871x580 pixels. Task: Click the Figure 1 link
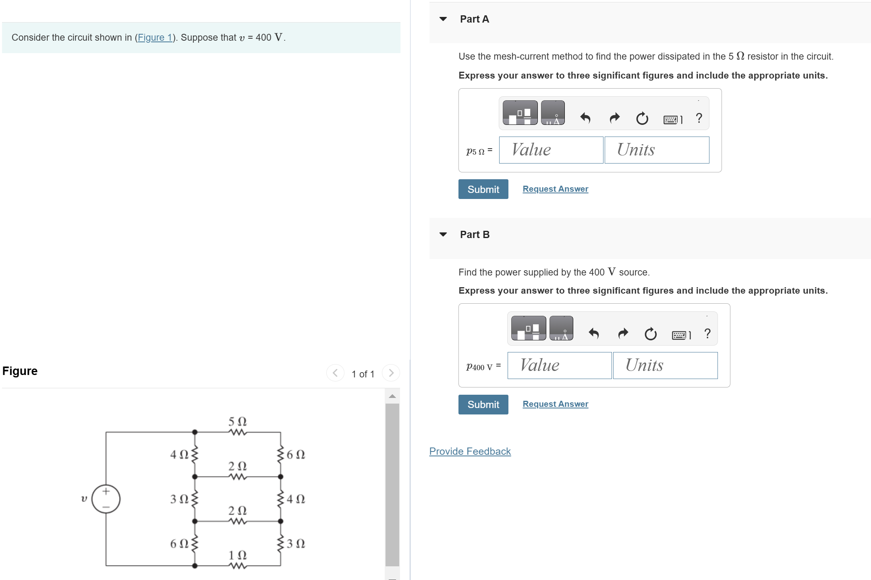(155, 37)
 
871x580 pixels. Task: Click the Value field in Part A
(551, 150)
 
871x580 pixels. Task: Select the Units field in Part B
(665, 365)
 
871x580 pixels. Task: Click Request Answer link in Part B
(555, 404)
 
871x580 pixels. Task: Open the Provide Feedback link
(470, 451)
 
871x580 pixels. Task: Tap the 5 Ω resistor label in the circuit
(237, 422)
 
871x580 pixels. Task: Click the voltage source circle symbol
(106, 499)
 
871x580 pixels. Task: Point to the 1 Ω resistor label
(237, 555)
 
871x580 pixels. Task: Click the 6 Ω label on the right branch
(296, 454)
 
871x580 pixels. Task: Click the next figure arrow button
(391, 373)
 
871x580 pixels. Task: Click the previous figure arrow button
(335, 373)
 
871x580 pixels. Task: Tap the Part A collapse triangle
(443, 19)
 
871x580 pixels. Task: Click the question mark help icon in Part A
(699, 118)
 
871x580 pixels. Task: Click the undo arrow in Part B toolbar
(594, 333)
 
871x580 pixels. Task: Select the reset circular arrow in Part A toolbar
(642, 118)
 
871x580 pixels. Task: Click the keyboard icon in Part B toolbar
(680, 335)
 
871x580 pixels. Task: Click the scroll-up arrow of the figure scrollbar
(392, 396)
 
